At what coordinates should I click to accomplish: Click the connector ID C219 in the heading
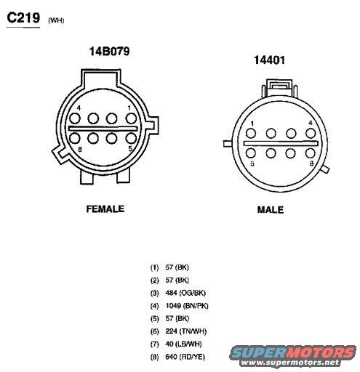pos(23,18)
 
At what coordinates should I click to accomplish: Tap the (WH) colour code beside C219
pos(56,20)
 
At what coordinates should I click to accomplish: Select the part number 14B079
pos(110,52)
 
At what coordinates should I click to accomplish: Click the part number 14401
pos(269,60)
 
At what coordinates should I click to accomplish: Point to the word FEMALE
pos(105,209)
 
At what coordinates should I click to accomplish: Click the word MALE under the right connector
pos(271,210)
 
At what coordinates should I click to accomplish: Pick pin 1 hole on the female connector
pos(131,118)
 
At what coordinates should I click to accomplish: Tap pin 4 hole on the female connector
pos(75,118)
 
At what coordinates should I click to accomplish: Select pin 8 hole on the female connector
pos(75,139)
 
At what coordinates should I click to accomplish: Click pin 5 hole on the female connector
pos(131,139)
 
